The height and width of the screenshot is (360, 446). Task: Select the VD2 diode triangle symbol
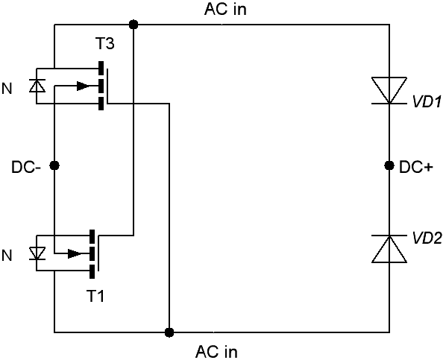click(x=389, y=249)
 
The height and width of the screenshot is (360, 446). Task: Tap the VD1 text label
click(x=427, y=101)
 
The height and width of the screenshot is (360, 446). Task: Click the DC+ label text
click(x=416, y=167)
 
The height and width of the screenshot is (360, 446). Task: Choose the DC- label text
click(x=26, y=167)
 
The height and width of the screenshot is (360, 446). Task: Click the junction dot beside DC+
click(x=389, y=165)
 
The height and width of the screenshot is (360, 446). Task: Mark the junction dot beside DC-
click(x=54, y=165)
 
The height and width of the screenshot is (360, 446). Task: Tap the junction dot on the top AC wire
click(x=134, y=25)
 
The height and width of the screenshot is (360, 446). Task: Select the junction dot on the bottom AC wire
click(x=169, y=332)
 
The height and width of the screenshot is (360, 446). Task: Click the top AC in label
click(x=225, y=9)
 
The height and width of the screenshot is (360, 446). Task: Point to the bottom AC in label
click(x=216, y=352)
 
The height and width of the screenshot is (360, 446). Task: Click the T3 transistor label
click(x=104, y=44)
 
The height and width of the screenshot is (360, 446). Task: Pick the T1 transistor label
click(x=95, y=296)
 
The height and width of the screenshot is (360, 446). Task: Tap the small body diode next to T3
click(x=37, y=86)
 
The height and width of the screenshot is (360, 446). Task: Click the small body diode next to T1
click(x=37, y=253)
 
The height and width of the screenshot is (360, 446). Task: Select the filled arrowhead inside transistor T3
click(x=84, y=86)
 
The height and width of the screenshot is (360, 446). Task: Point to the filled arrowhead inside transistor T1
click(x=75, y=253)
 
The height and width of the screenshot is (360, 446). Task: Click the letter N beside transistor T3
click(x=7, y=89)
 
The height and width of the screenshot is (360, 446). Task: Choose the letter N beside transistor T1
click(x=7, y=256)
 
